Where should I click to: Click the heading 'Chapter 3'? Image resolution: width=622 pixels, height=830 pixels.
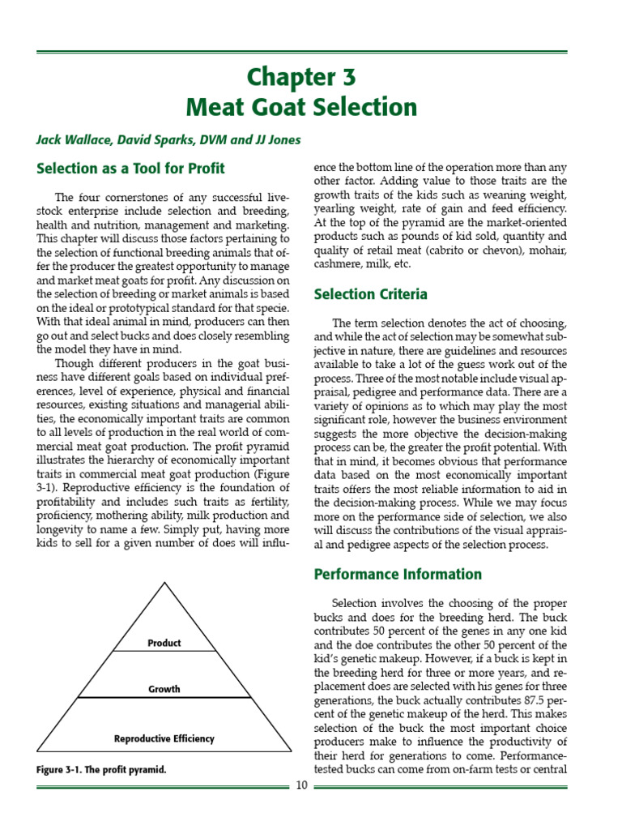tap(300, 78)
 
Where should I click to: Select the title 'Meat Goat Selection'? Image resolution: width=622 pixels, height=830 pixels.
tap(300, 107)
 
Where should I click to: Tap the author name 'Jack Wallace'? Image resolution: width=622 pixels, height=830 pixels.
tap(69, 139)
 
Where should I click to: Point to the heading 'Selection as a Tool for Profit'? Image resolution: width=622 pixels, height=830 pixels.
tap(130, 169)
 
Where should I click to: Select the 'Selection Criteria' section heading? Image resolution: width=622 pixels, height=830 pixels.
tap(370, 294)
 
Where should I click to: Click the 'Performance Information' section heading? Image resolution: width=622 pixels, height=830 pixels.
tap(397, 574)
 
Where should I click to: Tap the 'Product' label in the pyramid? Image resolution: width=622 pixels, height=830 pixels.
tap(164, 643)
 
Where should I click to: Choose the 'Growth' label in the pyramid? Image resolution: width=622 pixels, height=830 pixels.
tap(164, 689)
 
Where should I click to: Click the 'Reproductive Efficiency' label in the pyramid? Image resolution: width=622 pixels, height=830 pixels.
tap(164, 738)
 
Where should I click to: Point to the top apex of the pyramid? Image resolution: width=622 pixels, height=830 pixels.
tap(164, 583)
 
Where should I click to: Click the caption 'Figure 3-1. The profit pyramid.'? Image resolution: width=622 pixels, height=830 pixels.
tap(101, 769)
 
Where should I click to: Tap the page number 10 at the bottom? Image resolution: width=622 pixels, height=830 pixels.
tap(300, 785)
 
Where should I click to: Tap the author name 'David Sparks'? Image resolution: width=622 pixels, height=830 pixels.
tap(143, 139)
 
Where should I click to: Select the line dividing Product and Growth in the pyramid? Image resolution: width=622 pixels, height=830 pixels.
tap(164, 651)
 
